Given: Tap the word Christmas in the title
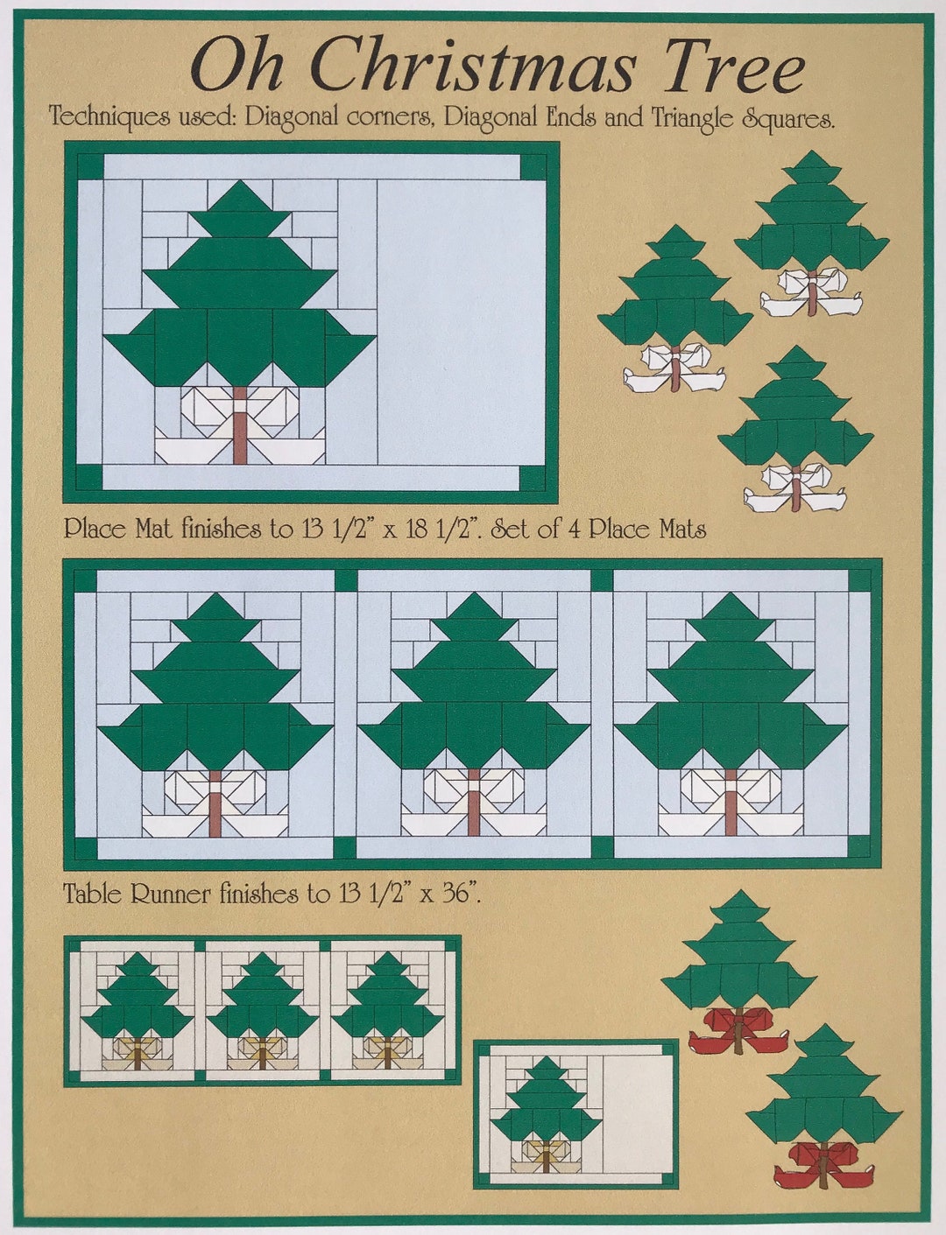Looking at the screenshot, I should pyautogui.click(x=471, y=67).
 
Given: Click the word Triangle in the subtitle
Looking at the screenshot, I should pyautogui.click(x=692, y=117).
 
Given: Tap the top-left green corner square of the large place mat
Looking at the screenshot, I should pyautogui.click(x=89, y=166).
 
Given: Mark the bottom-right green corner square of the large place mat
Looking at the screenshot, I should pyautogui.click(x=533, y=478).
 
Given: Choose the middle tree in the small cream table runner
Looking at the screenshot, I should pyautogui.click(x=262, y=998).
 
